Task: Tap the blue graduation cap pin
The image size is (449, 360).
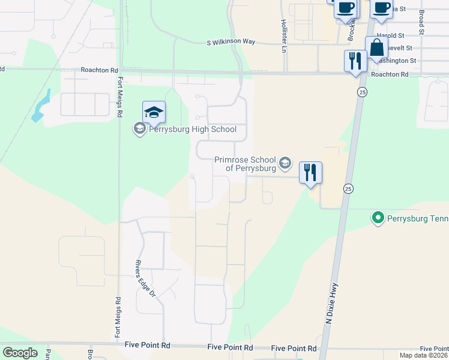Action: coord(154,113)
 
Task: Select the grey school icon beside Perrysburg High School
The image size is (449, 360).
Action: coord(139,129)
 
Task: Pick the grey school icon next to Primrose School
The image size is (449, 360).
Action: coord(285,163)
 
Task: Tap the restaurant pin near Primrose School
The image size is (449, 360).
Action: coord(310,173)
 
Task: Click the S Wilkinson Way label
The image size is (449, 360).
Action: coord(231,42)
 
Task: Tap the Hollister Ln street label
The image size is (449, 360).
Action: coord(283,36)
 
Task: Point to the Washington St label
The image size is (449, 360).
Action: coord(400,61)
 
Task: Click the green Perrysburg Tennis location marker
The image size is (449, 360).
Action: coord(378,217)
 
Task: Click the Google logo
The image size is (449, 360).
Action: coord(20,353)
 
